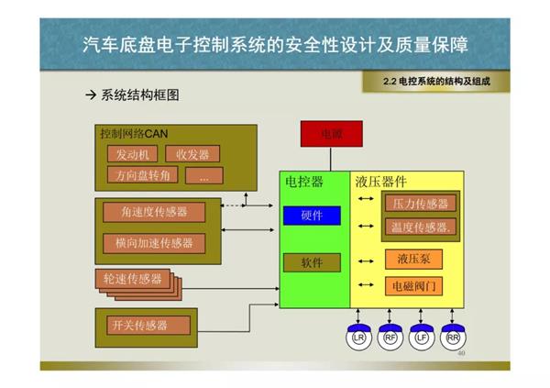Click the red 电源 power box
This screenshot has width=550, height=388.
pyautogui.click(x=330, y=135)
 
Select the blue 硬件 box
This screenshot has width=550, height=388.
pyautogui.click(x=311, y=216)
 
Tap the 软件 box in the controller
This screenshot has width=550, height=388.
pyautogui.click(x=311, y=263)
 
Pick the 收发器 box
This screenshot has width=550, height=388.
pyautogui.click(x=192, y=153)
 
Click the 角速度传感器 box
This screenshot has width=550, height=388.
pyautogui.click(x=154, y=212)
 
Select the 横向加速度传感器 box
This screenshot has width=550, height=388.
pyautogui.click(x=154, y=243)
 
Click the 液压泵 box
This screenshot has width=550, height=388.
pyautogui.click(x=412, y=260)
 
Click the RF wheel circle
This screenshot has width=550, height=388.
pyautogui.click(x=390, y=338)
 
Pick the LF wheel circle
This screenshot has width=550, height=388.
pyautogui.click(x=421, y=338)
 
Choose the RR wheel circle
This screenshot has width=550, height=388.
pyautogui.click(x=452, y=338)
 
